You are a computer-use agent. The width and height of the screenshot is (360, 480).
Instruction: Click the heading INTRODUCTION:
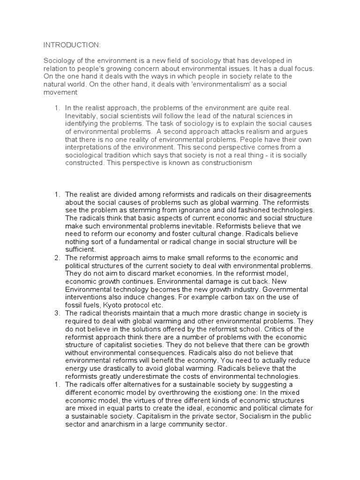point(71,45)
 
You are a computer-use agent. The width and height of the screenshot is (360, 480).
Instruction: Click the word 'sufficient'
point(80,250)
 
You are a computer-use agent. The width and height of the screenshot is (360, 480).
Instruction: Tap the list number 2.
point(57,258)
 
